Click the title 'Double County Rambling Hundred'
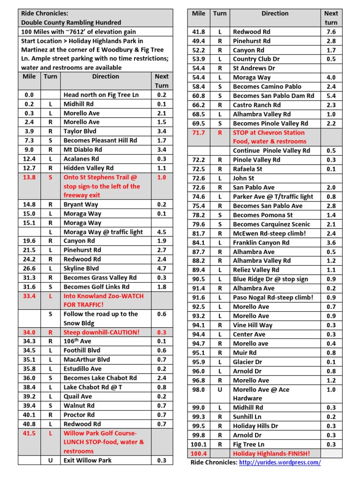click(x=71, y=22)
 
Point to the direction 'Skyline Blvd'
click(x=81, y=269)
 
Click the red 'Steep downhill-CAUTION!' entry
click(x=101, y=332)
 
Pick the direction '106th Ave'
click(x=77, y=341)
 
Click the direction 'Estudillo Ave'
click(x=82, y=369)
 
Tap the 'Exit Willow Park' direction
click(x=87, y=460)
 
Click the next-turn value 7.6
click(x=331, y=31)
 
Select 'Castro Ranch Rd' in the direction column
click(x=256, y=105)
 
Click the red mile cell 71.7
click(x=199, y=133)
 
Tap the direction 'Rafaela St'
click(x=247, y=169)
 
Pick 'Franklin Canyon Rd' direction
click(x=261, y=242)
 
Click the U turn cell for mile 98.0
click(x=220, y=390)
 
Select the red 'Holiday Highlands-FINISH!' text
click(x=271, y=453)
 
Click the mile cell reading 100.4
click(x=199, y=453)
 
